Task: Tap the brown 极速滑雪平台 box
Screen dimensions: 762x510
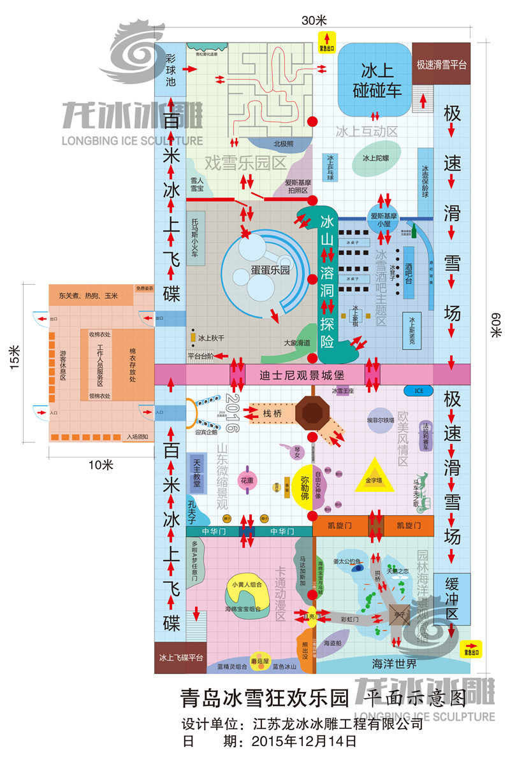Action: coord(441,64)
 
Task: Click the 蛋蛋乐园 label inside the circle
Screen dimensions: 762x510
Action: coord(272,270)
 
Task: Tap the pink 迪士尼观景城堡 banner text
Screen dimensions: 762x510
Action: coord(298,375)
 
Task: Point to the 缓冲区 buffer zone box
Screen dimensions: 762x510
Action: coord(451,598)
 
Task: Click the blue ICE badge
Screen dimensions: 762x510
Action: coord(418,390)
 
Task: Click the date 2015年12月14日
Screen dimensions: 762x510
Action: coord(303,742)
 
